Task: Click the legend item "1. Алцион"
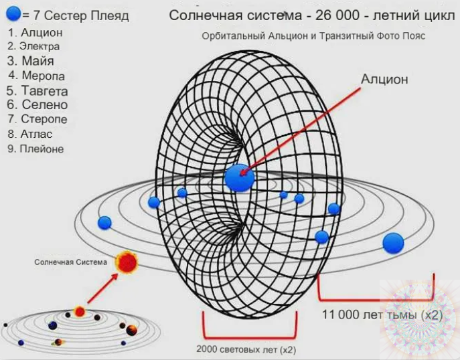[x=35, y=33]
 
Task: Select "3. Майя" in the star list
[x=31, y=61]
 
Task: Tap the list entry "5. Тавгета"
[x=37, y=91]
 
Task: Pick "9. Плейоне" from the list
[x=35, y=149]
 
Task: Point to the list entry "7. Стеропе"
[x=37, y=119]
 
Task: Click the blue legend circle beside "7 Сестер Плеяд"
[x=13, y=13]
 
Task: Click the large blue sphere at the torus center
[x=240, y=178]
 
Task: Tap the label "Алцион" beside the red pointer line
[x=384, y=79]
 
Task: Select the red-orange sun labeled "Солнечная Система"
[x=127, y=262]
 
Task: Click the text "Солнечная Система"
[x=71, y=262]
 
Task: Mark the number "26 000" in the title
[x=337, y=15]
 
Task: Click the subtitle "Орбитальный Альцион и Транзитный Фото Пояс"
[x=313, y=36]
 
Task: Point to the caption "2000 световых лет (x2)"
[x=246, y=349]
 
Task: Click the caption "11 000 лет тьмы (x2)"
[x=382, y=315]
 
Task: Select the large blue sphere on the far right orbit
[x=393, y=243]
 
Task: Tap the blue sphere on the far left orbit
[x=104, y=223]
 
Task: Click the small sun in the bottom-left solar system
[x=80, y=311]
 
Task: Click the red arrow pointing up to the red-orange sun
[x=102, y=288]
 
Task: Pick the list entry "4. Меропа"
[x=37, y=76]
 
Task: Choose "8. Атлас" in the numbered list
[x=30, y=134]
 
